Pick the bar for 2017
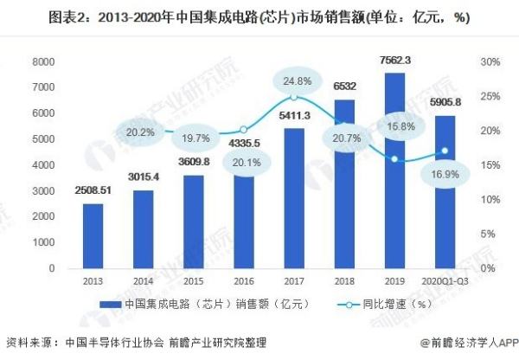point(294,199)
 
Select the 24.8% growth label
point(295,81)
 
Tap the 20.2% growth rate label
point(140,132)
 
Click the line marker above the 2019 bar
point(394,159)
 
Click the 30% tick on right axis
point(490,62)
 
